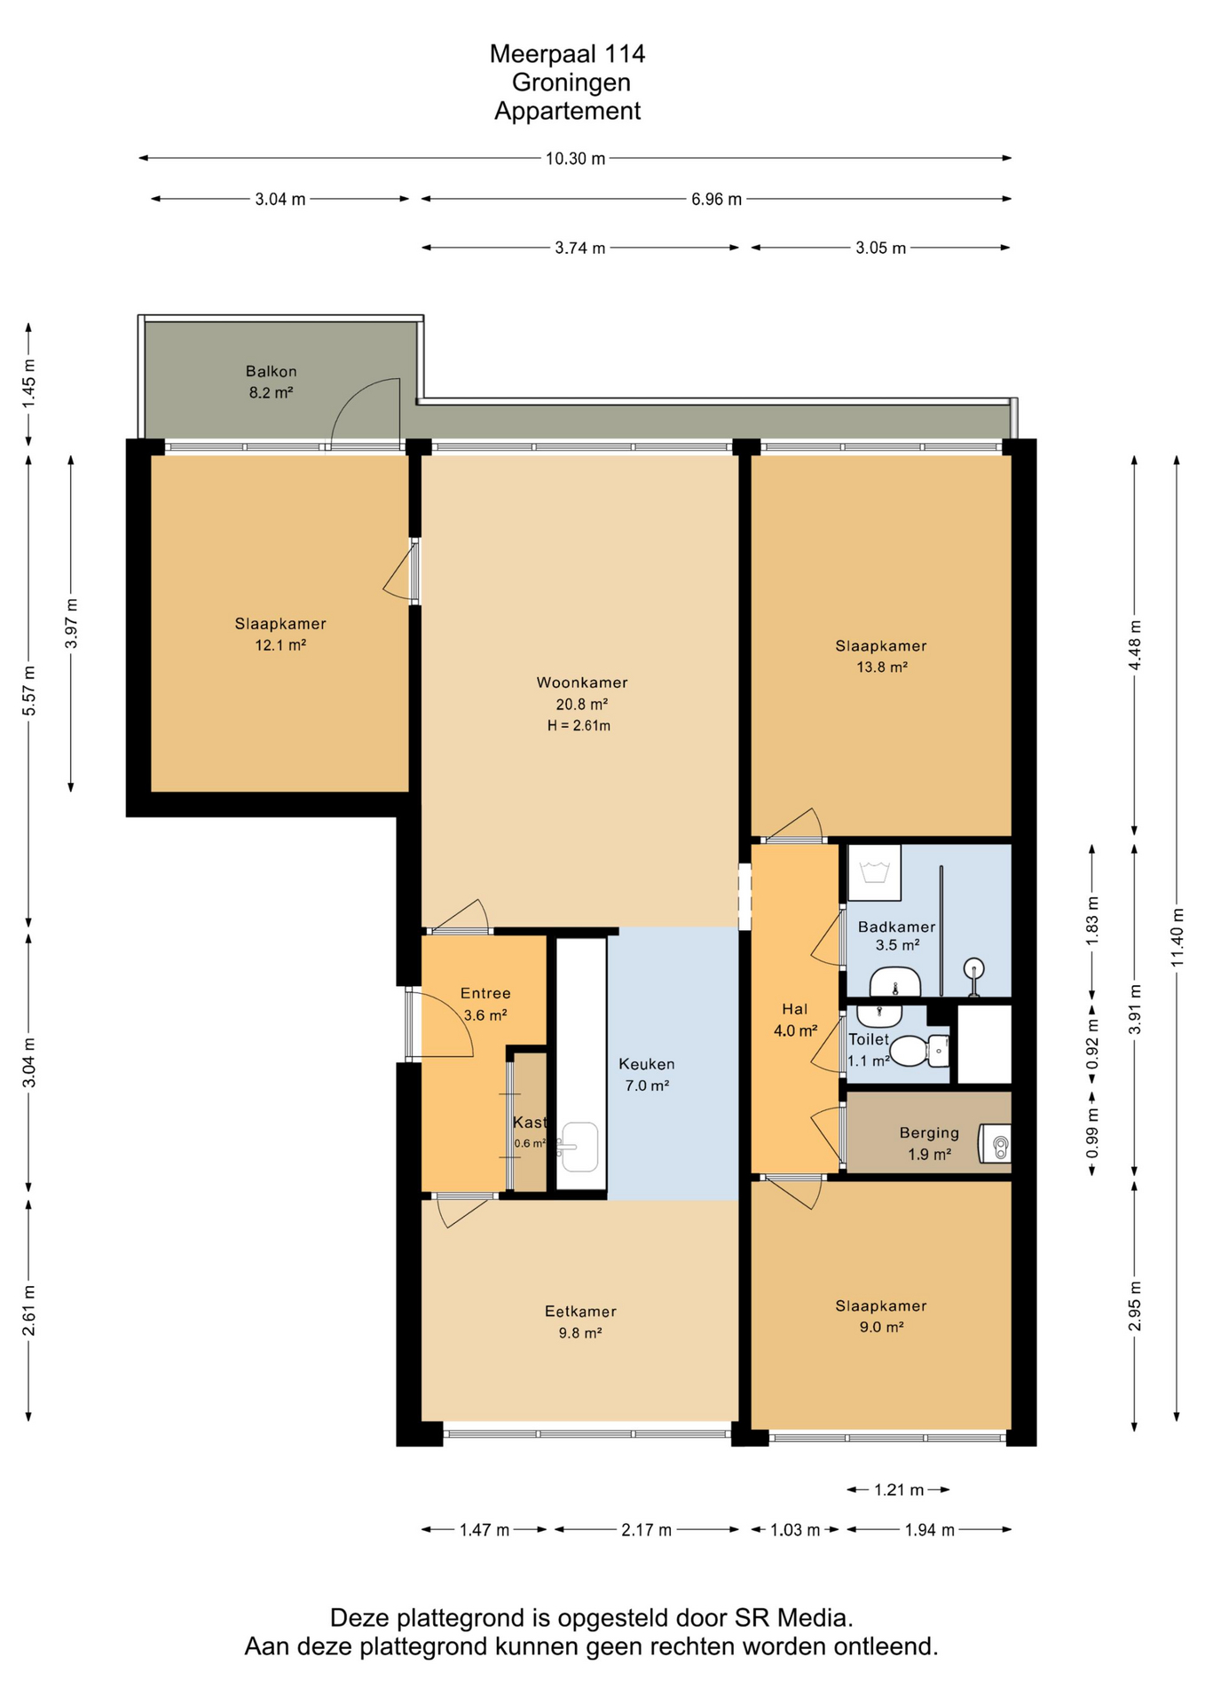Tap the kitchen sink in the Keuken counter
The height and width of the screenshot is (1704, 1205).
(579, 1147)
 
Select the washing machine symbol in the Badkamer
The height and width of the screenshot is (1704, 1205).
(874, 872)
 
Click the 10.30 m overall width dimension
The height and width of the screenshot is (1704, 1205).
(575, 159)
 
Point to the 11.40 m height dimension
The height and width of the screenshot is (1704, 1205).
(1177, 937)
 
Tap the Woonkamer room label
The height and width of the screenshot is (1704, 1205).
(582, 682)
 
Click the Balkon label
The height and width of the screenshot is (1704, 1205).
(272, 371)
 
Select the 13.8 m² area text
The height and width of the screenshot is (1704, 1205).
(881, 667)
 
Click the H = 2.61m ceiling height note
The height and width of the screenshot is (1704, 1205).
(579, 726)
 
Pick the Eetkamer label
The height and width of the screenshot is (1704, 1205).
(580, 1311)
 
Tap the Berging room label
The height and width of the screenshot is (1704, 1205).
(929, 1132)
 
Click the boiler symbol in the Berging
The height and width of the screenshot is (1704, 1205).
(995, 1144)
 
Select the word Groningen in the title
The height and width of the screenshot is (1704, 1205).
(571, 83)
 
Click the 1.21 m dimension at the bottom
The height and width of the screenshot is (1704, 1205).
(899, 1489)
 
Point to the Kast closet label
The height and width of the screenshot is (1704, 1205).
(529, 1123)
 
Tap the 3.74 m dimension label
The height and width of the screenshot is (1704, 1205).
(580, 248)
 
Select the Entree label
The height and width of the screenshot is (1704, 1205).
(485, 993)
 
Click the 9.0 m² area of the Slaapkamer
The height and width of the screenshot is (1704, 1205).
(881, 1328)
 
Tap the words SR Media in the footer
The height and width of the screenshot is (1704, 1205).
(793, 1618)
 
